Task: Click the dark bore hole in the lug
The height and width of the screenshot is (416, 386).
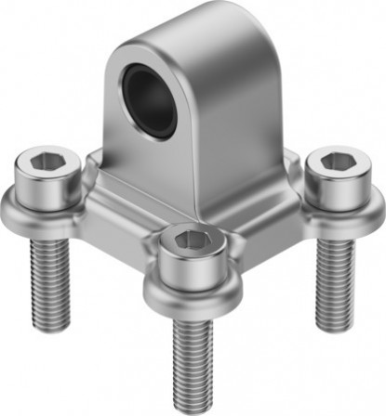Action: [151, 97]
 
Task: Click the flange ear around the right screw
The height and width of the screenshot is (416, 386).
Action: [367, 200]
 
